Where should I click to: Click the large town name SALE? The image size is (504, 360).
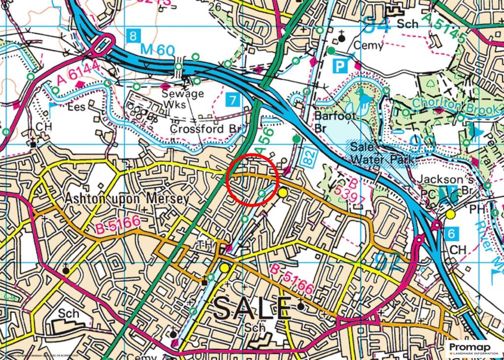click(252, 308)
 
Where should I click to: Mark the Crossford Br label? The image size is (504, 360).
click(207, 128)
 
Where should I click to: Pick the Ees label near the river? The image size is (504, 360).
click(80, 106)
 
